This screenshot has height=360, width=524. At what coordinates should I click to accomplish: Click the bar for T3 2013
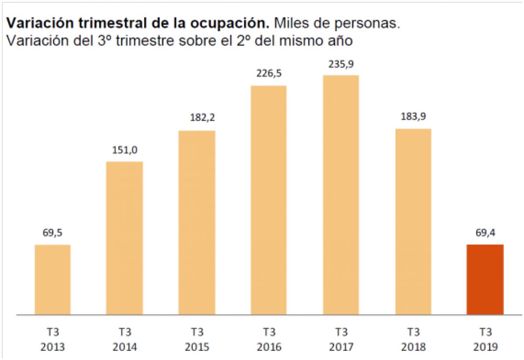click(53, 279)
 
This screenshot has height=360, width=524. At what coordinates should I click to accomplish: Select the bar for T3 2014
click(125, 238)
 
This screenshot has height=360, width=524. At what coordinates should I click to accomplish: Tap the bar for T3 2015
click(197, 223)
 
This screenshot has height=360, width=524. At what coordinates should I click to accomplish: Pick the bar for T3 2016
click(269, 200)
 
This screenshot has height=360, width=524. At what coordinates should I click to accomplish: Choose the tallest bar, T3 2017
click(341, 195)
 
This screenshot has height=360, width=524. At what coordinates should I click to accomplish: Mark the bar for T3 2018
click(413, 221)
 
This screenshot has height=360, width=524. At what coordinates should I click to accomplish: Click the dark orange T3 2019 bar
click(485, 279)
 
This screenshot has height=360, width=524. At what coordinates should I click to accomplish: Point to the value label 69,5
click(53, 233)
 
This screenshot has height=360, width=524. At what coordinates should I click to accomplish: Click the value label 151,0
click(125, 150)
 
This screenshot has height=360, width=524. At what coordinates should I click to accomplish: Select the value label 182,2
click(197, 118)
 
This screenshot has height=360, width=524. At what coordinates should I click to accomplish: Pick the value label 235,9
click(341, 64)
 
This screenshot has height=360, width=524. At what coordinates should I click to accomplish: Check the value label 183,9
click(413, 117)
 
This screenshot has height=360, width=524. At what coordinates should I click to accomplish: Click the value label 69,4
click(485, 233)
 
